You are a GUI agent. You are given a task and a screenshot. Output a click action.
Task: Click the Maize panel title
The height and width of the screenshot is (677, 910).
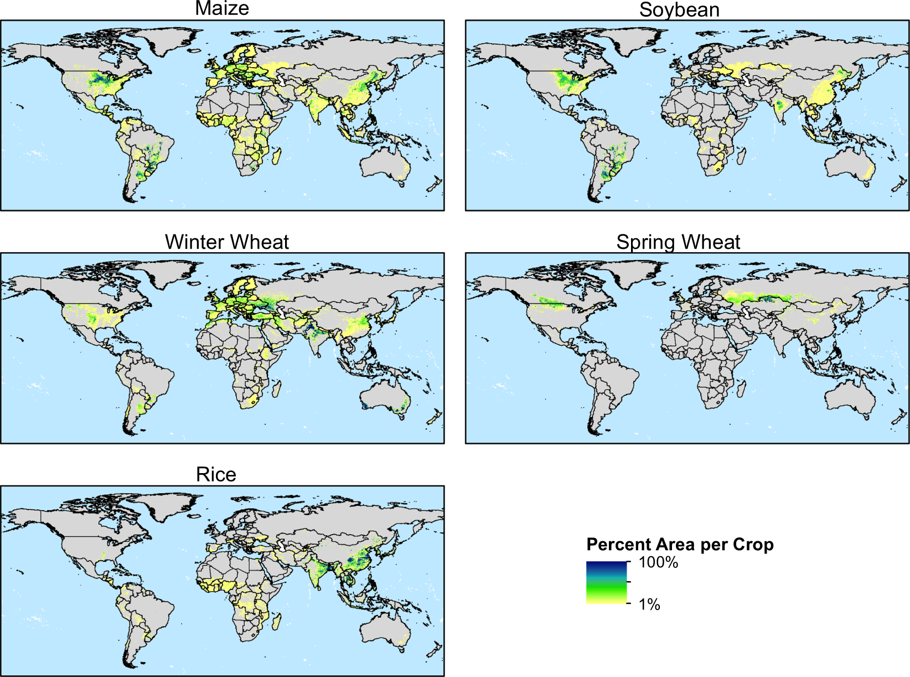[x=222, y=9]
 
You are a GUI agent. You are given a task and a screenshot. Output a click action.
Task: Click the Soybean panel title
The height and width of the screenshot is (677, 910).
[x=679, y=10]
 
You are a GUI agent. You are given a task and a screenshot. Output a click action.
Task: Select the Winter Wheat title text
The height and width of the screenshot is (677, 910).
[x=227, y=242]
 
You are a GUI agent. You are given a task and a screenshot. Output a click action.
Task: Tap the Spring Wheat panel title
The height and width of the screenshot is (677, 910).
[x=678, y=242]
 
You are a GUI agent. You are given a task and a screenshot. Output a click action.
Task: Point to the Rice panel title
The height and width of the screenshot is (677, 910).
[x=216, y=475]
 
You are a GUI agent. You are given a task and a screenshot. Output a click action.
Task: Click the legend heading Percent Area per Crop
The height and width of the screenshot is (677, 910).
[x=680, y=545]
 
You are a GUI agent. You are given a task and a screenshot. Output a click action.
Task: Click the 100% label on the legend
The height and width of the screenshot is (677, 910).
[x=658, y=563]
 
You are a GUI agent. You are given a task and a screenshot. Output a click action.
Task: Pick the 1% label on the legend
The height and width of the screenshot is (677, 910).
[x=649, y=604]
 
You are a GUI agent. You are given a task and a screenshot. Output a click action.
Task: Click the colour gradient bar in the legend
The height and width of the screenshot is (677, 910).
[x=606, y=582]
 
